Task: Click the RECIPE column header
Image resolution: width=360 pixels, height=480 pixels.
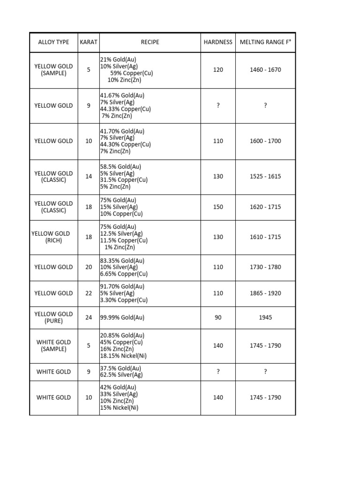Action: pos(150,42)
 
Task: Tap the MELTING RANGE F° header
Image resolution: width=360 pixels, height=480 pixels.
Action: pos(265,42)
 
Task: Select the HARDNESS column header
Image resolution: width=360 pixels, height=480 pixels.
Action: pos(218,42)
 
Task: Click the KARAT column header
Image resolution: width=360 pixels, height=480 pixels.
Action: pos(89,42)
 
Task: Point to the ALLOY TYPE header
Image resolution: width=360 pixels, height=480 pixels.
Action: pos(53,42)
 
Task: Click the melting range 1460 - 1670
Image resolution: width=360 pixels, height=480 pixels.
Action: pos(265,70)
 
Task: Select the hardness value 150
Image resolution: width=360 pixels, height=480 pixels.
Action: pos(218,207)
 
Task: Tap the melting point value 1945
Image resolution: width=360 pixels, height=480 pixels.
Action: pos(265,317)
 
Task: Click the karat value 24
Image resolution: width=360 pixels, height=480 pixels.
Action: pos(89,317)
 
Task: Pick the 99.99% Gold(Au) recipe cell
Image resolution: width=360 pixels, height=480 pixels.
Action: pos(122,317)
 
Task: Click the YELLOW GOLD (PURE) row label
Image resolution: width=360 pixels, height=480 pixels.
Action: pos(53,317)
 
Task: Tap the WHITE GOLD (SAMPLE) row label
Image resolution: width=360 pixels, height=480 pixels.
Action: pos(53,345)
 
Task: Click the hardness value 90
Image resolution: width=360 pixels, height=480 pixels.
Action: pos(218,317)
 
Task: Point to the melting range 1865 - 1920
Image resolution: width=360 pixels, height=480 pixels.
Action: pos(265,293)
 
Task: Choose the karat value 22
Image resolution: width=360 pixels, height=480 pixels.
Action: pos(89,293)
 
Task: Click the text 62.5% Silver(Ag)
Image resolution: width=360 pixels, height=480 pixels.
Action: pos(121,375)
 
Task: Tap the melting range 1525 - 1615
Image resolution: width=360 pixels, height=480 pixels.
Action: pos(265,177)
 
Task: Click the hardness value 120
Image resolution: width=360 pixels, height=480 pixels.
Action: pos(218,70)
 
